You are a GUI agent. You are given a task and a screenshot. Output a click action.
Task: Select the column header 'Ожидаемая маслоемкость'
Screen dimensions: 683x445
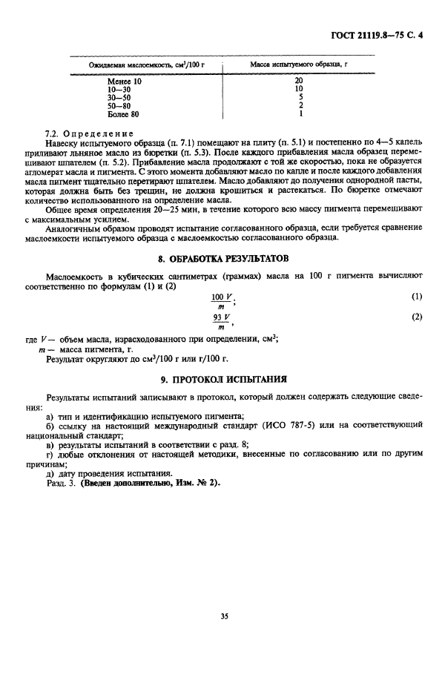(146, 66)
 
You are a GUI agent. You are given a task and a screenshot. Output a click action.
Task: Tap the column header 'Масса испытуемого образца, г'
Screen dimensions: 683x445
(299, 66)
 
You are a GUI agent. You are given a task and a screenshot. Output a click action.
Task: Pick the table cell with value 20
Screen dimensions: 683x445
(299, 80)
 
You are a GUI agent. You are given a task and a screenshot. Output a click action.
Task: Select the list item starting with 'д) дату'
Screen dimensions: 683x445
(109, 473)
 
